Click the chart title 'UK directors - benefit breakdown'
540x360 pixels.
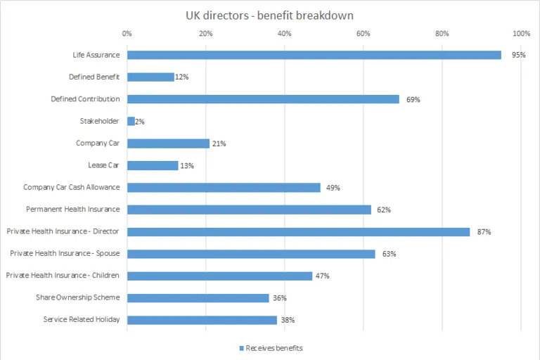point(269,14)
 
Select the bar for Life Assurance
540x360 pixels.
point(314,55)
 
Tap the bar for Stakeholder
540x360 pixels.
point(131,122)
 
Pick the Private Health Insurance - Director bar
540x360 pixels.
point(298,231)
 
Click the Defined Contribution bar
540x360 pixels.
point(263,99)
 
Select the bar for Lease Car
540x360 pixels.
point(153,165)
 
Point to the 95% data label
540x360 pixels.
point(519,55)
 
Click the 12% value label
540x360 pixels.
point(182,77)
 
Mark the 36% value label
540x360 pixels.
point(279,298)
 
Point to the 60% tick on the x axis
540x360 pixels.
point(363,34)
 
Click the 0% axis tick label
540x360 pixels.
point(127,34)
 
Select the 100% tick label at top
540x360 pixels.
point(521,34)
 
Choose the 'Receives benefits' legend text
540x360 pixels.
point(274,347)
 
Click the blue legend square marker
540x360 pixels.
point(240,347)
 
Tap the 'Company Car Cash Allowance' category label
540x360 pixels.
point(71,188)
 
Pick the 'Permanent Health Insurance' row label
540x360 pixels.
point(73,210)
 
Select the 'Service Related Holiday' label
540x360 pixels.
point(82,320)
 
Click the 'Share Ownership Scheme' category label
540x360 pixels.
point(78,297)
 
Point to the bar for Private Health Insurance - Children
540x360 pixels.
point(219,276)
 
